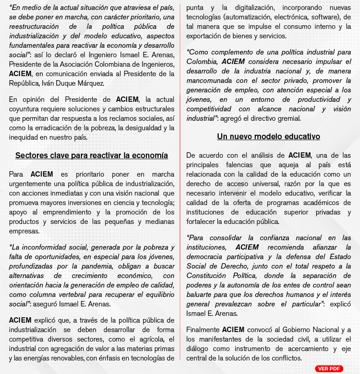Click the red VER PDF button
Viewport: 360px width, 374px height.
point(329,369)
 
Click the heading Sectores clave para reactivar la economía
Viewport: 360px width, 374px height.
point(91,155)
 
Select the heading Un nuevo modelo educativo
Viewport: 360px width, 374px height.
point(269,137)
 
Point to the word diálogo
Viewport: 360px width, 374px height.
point(200,349)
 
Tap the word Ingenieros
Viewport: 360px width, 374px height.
point(154,64)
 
